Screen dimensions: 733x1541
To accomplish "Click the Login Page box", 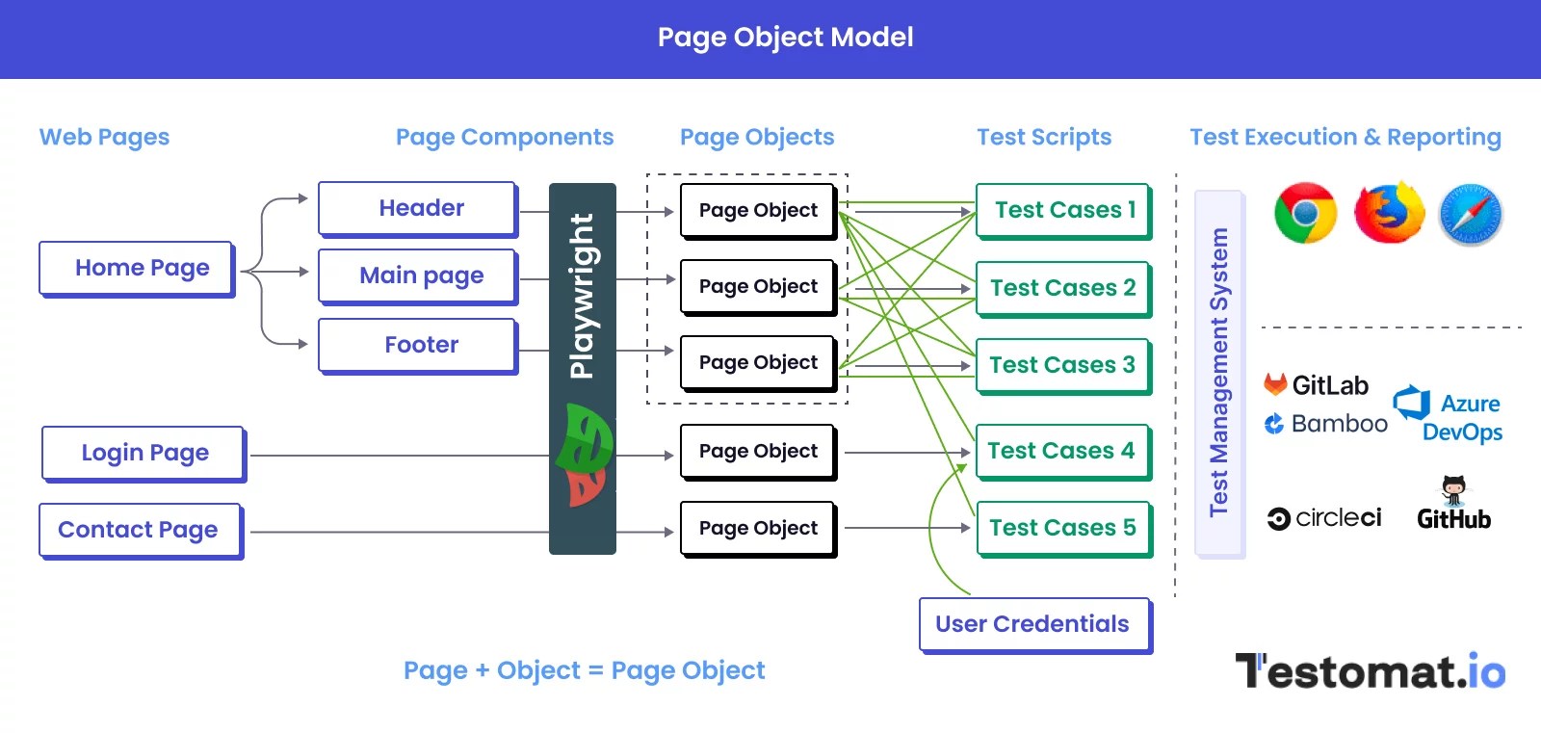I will (x=144, y=453).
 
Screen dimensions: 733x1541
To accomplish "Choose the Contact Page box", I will (x=140, y=530).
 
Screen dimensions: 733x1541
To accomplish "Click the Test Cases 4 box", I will (x=1062, y=451).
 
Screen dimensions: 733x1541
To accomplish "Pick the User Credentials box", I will (x=1034, y=624).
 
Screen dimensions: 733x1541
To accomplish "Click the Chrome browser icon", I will (x=1305, y=213).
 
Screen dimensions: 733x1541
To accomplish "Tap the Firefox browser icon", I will (x=1389, y=213).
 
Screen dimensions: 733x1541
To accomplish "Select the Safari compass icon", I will (x=1471, y=214).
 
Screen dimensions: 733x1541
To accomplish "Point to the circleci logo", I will (x=1324, y=518).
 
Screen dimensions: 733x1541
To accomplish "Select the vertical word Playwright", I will (x=582, y=296).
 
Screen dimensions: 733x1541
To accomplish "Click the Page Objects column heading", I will (x=757, y=137).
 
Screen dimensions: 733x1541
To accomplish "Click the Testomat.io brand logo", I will (x=1370, y=671).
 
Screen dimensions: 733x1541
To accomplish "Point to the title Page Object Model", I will (x=785, y=38).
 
